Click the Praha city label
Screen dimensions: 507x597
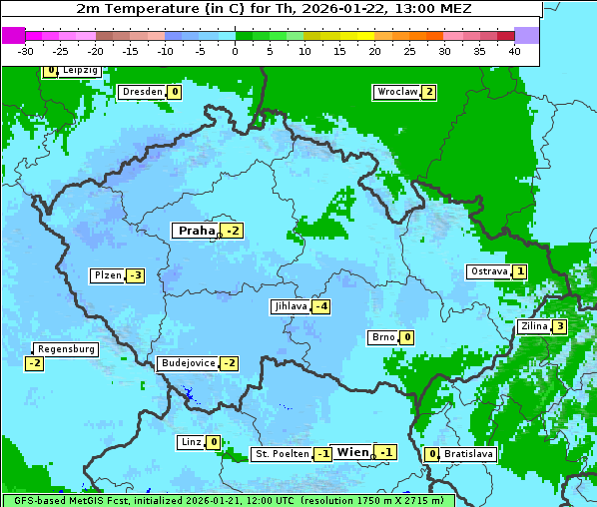click(196, 231)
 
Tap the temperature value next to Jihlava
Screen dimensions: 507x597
click(321, 306)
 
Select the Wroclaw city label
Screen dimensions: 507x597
click(396, 92)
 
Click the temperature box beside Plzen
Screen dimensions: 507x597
click(135, 275)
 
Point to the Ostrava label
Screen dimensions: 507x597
click(488, 271)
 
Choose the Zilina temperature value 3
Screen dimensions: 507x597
click(560, 326)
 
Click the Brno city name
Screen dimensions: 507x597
click(382, 337)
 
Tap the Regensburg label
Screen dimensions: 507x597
click(66, 349)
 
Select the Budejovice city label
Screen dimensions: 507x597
click(187, 363)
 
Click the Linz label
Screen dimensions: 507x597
click(191, 442)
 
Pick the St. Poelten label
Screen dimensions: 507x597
click(281, 454)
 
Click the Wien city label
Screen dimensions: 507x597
click(352, 452)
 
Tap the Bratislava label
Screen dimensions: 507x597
click(469, 454)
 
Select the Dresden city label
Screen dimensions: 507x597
click(142, 92)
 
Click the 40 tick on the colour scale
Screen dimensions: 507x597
click(514, 50)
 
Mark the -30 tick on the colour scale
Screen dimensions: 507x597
click(26, 50)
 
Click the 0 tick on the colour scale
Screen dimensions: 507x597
click(235, 50)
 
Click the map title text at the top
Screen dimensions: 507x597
click(275, 8)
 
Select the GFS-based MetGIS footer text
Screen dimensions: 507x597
click(228, 500)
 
